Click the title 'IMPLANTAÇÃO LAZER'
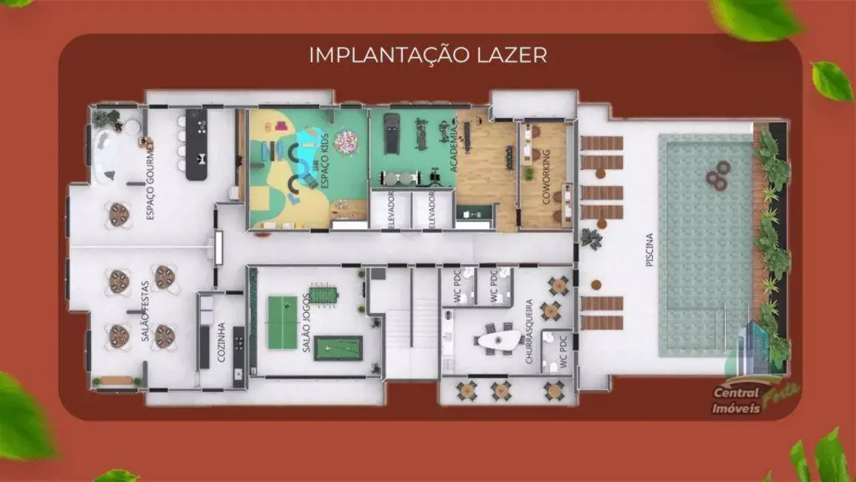click(x=428, y=55)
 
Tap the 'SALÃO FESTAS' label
click(x=145, y=311)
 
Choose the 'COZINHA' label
click(x=222, y=342)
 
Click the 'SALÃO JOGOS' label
click(x=307, y=326)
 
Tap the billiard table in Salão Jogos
click(x=338, y=348)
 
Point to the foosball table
click(x=323, y=295)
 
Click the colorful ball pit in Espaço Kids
click(x=346, y=141)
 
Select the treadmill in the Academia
click(x=391, y=133)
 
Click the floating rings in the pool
click(x=716, y=179)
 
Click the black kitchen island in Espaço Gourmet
click(x=195, y=145)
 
